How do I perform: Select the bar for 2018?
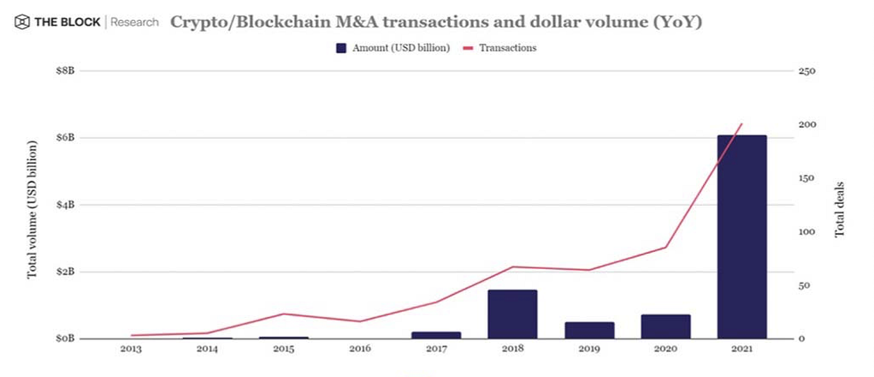click(513, 314)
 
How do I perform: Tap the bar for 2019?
click(589, 330)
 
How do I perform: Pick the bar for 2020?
click(665, 326)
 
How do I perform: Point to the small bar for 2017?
click(436, 335)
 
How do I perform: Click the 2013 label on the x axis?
click(130, 349)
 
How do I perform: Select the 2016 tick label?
click(360, 349)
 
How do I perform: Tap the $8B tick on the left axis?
click(65, 71)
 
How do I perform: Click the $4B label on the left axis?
click(65, 204)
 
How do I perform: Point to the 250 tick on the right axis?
click(808, 71)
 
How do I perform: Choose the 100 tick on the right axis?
click(808, 232)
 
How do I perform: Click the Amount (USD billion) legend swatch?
click(341, 48)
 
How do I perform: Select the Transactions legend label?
click(508, 48)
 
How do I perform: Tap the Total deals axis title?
click(840, 209)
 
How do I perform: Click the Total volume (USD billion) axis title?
click(32, 209)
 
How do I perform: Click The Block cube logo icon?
click(22, 23)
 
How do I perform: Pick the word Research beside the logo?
click(134, 23)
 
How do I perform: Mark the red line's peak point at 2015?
click(283, 314)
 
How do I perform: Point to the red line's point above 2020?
click(665, 248)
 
